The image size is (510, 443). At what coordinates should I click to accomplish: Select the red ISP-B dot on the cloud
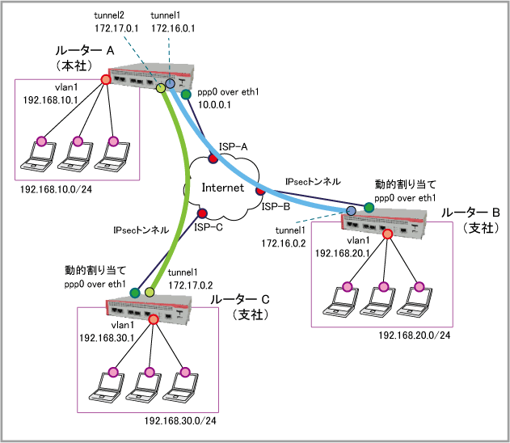[259, 192]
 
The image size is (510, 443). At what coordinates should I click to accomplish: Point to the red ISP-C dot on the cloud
[202, 213]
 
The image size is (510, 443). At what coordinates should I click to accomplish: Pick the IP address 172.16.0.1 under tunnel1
[171, 28]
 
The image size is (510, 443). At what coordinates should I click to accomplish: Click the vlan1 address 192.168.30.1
[106, 337]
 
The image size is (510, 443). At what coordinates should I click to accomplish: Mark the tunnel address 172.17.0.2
[191, 285]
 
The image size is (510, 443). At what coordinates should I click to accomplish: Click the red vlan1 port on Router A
[106, 79]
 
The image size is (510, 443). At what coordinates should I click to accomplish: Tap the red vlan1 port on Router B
[387, 234]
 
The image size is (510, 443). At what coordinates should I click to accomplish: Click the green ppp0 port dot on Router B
[369, 208]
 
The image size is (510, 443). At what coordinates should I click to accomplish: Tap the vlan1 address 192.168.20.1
[341, 253]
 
